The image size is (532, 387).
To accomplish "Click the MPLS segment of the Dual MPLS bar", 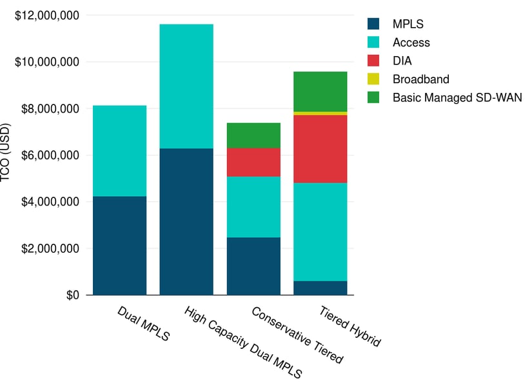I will pos(119,245).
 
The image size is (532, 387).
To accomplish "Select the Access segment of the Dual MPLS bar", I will pos(119,150).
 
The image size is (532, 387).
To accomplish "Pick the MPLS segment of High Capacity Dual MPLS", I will pos(186,221).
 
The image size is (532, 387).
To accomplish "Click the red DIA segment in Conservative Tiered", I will pos(253,162).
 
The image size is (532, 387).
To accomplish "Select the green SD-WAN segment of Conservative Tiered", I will pos(253,135).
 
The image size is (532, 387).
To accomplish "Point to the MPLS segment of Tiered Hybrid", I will pos(320,288).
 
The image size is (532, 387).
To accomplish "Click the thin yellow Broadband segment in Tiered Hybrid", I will pos(320,113).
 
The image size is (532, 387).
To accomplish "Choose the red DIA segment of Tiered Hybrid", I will pos(320,149).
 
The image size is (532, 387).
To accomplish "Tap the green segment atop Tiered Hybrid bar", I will pos(320,91).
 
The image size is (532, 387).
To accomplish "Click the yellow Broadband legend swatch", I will pos(373,79).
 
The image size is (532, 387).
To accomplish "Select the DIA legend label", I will pos(402,61).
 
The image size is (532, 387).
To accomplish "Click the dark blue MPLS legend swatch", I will pos(373,25).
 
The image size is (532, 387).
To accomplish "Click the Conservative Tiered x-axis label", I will pos(297,335).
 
